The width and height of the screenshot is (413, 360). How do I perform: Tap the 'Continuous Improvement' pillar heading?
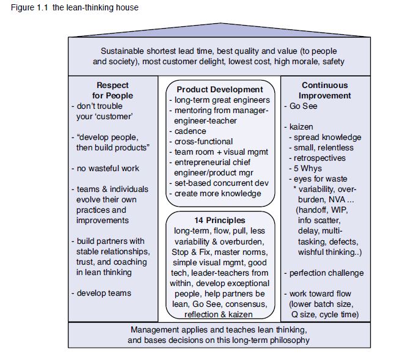(325, 90)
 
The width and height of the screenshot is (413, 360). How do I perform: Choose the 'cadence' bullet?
(191, 131)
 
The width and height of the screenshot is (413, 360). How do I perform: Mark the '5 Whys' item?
(309, 169)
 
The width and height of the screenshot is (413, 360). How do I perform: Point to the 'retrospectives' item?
(320, 158)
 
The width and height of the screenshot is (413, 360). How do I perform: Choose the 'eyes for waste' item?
(318, 179)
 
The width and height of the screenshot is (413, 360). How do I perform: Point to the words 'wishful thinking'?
(325, 251)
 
